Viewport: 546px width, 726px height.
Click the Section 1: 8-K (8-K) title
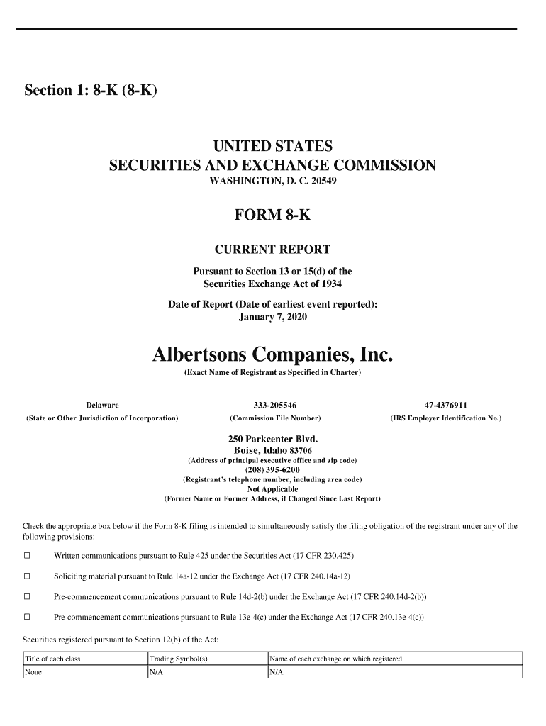point(90,91)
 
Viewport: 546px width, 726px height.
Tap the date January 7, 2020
point(272,317)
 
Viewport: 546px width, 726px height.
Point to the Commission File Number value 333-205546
point(274,405)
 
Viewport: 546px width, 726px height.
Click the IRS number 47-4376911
point(445,405)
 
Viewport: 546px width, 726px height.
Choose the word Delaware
point(102,405)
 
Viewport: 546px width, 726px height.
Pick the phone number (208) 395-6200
point(272,470)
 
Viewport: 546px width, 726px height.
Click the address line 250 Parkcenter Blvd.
point(272,440)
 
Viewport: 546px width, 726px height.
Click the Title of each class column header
point(52,659)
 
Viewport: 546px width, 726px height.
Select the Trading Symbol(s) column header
point(177,659)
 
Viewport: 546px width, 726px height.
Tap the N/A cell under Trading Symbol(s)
point(156,672)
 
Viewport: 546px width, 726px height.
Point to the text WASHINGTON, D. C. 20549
point(272,181)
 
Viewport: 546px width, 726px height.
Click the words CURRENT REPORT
point(272,250)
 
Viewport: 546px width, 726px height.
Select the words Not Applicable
point(272,489)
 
